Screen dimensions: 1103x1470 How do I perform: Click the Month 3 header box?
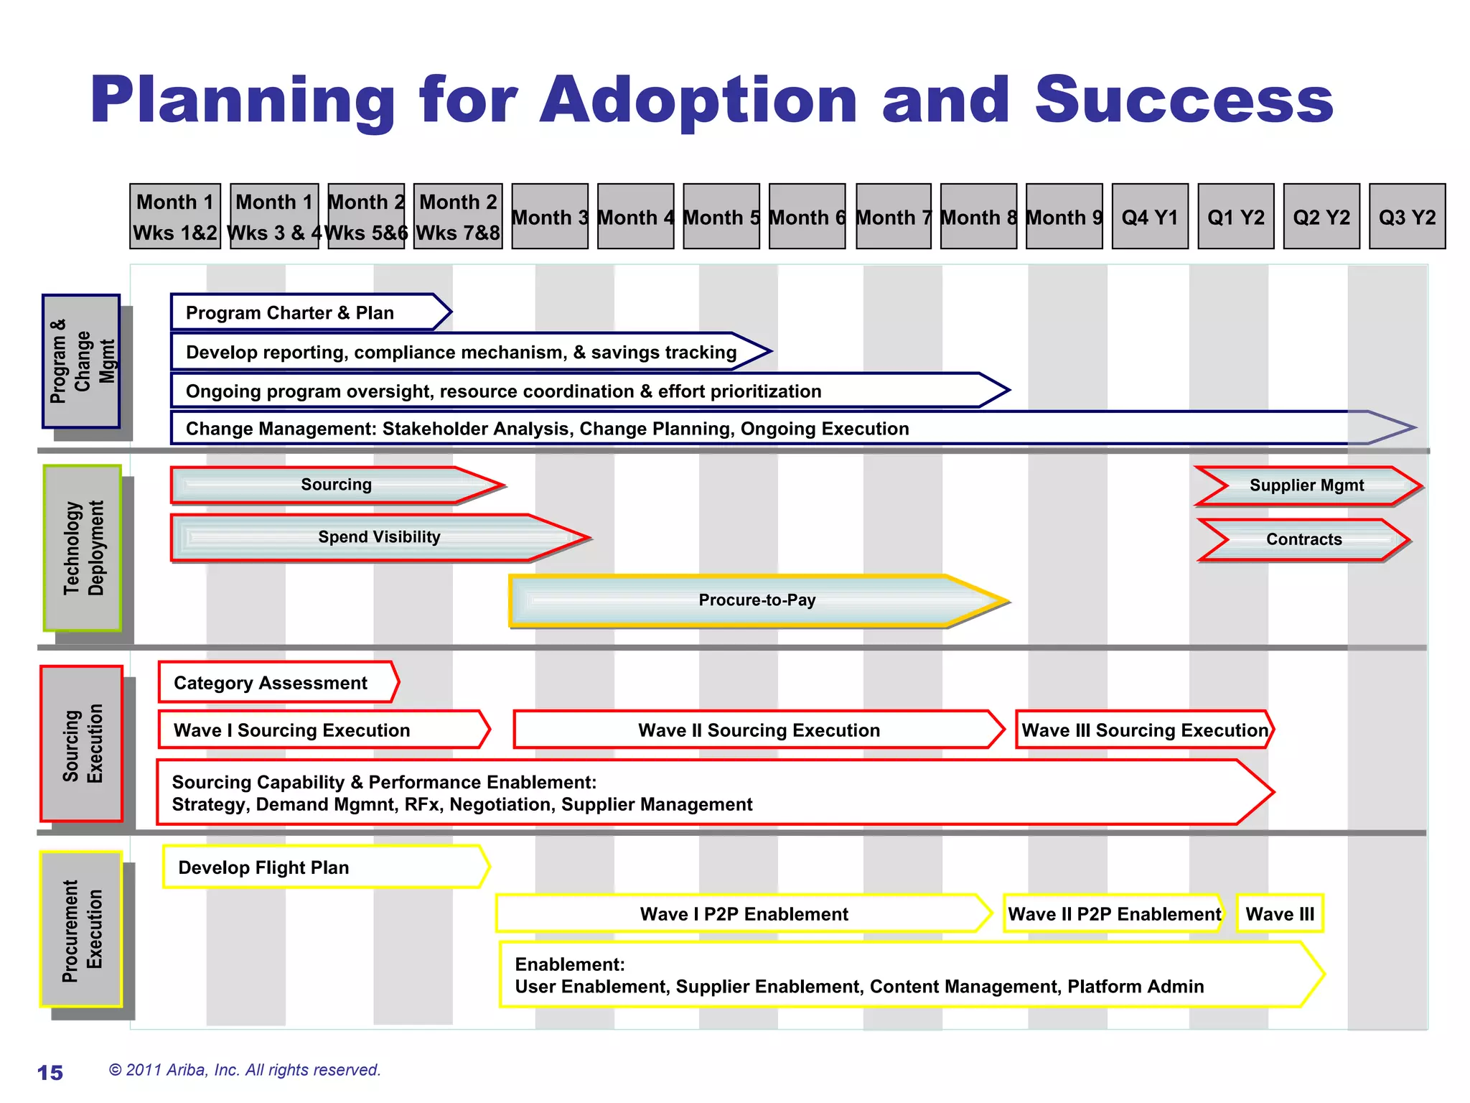pyautogui.click(x=550, y=216)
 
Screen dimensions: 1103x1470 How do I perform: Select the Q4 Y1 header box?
pyautogui.click(x=1150, y=216)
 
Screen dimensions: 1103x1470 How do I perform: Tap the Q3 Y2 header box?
pyautogui.click(x=1407, y=216)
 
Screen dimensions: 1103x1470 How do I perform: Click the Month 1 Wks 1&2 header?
pyautogui.click(x=175, y=216)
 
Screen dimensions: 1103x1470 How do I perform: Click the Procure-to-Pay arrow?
pyautogui.click(x=757, y=600)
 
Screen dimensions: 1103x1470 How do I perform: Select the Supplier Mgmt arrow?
pyautogui.click(x=1306, y=485)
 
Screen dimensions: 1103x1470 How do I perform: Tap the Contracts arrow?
pyautogui.click(x=1303, y=539)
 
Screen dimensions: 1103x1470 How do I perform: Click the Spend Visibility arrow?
pyautogui.click(x=379, y=537)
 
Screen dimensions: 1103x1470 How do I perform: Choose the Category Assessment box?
pyautogui.click(x=276, y=682)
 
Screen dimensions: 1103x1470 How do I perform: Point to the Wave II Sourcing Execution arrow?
pyautogui.click(x=758, y=730)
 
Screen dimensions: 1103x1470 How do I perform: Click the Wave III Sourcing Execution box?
pyautogui.click(x=1144, y=730)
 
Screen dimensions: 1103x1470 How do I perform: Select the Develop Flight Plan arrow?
pyautogui.click(x=324, y=867)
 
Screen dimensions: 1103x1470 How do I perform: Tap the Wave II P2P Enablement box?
pyautogui.click(x=1113, y=913)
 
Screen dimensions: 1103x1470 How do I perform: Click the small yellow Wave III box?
pyautogui.click(x=1280, y=913)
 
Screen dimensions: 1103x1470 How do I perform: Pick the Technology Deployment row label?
pyautogui.click(x=83, y=548)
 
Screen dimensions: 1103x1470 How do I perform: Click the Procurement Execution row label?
pyautogui.click(x=81, y=929)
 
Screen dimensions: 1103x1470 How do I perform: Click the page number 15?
pyautogui.click(x=50, y=1073)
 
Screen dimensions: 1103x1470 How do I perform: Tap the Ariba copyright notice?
pyautogui.click(x=245, y=1070)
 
